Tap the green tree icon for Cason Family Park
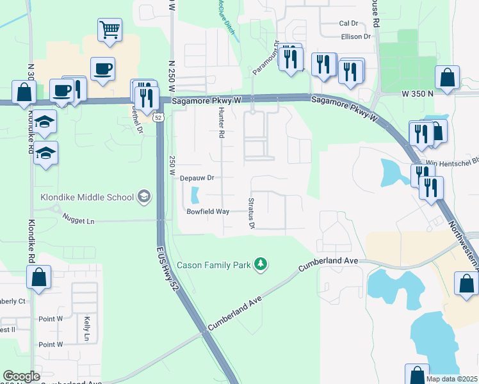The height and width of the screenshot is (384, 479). point(261,264)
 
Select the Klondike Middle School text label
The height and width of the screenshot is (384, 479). point(86,197)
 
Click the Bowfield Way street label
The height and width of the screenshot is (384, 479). point(207,211)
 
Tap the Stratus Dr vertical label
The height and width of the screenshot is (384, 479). point(251,213)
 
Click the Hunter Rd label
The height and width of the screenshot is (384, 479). point(221,123)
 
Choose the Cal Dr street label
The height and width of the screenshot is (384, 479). point(348,23)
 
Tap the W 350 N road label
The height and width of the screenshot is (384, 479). point(418,93)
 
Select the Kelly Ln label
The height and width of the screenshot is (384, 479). point(86,328)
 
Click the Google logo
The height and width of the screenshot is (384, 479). point(21,376)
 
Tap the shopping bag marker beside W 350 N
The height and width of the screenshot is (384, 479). point(448,77)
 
